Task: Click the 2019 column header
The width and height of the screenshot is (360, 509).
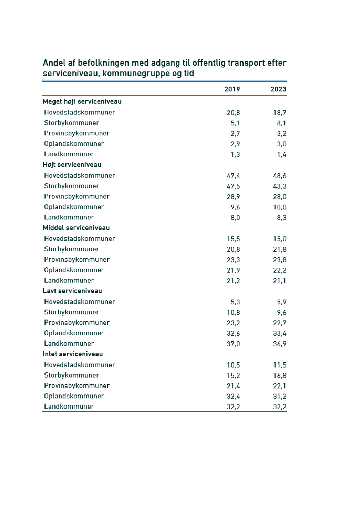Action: pos(232,89)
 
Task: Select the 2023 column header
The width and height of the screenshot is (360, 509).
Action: pos(278,89)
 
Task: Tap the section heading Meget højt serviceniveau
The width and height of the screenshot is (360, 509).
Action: pos(82,101)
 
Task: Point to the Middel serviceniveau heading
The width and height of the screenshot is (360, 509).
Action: pos(76,228)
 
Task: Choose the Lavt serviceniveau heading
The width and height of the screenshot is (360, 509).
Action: pos(72,291)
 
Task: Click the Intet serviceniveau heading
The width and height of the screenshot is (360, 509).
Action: pos(73,354)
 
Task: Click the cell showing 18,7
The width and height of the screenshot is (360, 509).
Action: pos(279,112)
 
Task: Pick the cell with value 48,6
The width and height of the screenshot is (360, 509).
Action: pos(279,176)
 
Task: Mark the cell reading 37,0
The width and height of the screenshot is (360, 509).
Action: pos(233,344)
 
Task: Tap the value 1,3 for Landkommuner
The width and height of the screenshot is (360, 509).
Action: pos(235,155)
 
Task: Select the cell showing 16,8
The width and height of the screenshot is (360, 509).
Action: pos(279,376)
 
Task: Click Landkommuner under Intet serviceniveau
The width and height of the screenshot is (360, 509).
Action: pos(69,407)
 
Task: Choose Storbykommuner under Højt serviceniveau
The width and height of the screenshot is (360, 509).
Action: pos(71,186)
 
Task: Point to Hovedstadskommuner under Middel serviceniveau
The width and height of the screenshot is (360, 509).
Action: pos(79,239)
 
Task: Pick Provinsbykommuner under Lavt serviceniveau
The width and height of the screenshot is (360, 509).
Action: pos(77,323)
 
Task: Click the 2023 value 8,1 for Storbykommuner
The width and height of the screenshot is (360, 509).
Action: pos(281,123)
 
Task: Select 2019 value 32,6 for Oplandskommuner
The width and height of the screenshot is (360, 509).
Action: pos(233,334)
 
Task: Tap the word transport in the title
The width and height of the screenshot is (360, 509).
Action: pos(246,63)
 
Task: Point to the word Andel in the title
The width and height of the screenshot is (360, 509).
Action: pos(54,63)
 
